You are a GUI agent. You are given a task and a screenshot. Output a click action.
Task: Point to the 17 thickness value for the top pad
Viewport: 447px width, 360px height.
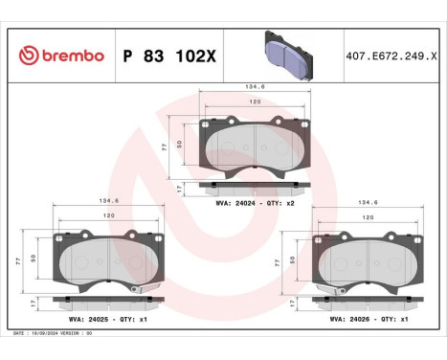[180, 190]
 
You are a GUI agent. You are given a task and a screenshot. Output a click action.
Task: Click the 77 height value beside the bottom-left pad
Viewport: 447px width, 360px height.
[19, 260]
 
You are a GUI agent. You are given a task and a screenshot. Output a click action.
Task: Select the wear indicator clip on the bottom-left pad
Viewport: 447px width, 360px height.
[138, 290]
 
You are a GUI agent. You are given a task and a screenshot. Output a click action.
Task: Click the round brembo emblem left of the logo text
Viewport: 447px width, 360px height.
[27, 56]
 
